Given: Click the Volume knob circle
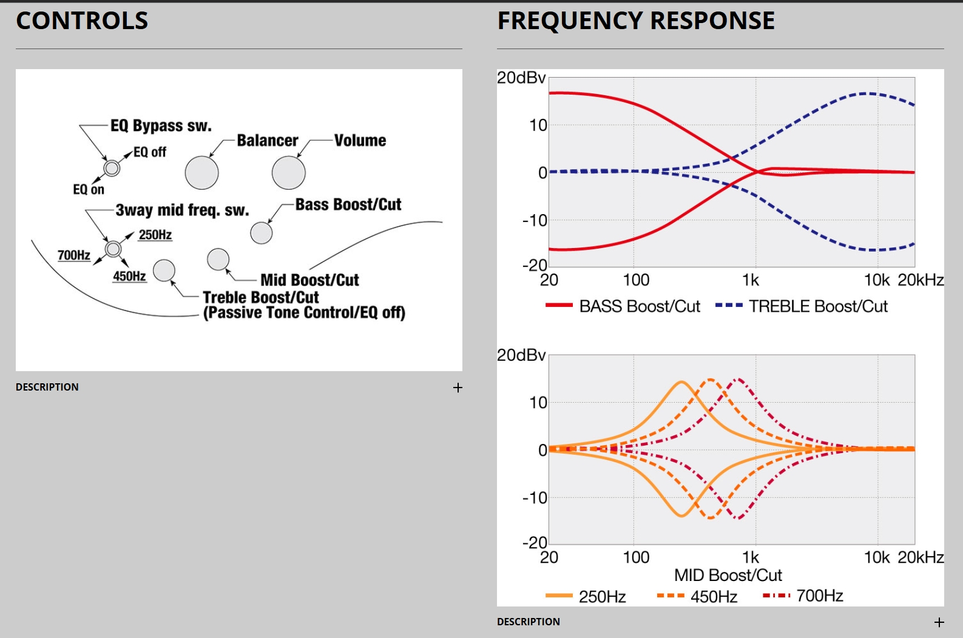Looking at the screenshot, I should [x=288, y=173].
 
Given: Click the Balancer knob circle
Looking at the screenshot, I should [x=201, y=173].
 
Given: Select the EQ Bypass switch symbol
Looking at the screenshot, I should [x=112, y=167].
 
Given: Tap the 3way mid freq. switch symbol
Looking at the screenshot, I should [x=113, y=249].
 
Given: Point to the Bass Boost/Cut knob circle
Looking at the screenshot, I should [x=261, y=232].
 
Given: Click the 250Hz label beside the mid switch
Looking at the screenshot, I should [x=155, y=235].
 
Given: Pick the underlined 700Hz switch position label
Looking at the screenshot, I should [x=73, y=255].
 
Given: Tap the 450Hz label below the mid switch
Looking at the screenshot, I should [x=129, y=277].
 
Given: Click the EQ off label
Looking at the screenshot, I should [x=149, y=152].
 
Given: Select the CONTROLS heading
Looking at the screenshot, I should [x=82, y=21].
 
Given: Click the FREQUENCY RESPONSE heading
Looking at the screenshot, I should [x=635, y=21].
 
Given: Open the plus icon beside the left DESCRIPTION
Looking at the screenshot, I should [x=458, y=388].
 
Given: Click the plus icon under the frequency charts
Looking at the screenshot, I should [x=939, y=622].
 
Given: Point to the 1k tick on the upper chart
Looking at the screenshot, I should [x=751, y=280].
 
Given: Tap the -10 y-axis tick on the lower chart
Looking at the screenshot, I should [x=535, y=498].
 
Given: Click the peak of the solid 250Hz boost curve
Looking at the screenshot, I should [x=681, y=382].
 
